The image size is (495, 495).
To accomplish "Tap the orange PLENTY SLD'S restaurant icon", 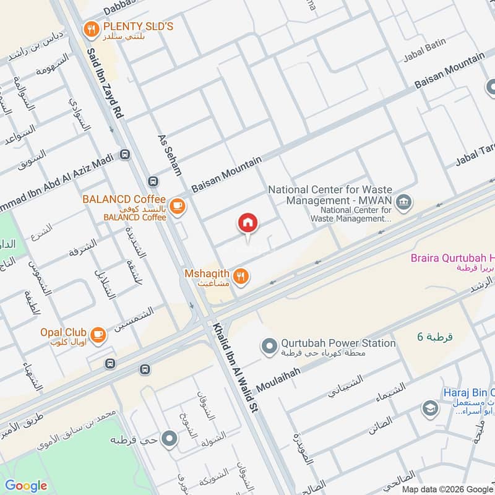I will click(92, 28).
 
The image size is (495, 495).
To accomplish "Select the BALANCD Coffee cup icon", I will click(177, 205).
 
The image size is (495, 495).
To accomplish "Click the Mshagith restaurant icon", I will click(241, 277).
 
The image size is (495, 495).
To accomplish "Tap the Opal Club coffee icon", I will click(98, 335).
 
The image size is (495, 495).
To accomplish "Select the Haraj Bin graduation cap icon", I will click(429, 408).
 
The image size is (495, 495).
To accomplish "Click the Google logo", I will click(26, 486).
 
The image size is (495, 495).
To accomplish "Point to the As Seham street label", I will click(169, 155).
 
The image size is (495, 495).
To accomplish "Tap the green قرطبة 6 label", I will click(435, 337).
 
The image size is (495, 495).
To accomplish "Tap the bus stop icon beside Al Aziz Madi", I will click(126, 155).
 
